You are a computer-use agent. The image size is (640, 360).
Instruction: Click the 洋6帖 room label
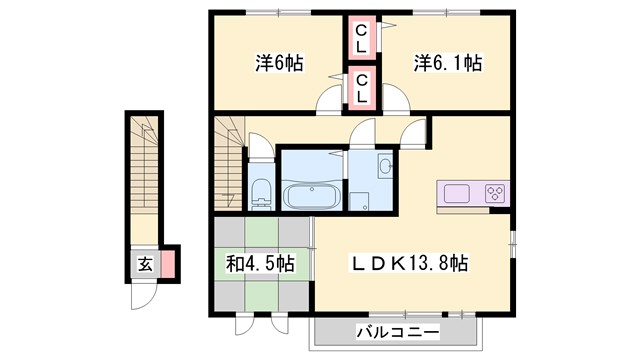coord(278,63)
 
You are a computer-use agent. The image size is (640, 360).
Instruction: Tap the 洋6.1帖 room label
coord(448,63)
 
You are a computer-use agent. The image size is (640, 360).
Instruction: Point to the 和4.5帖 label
coord(259,264)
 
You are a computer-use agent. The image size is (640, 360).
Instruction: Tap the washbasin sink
coord(384,167)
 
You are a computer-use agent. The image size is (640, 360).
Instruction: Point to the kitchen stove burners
coord(494,192)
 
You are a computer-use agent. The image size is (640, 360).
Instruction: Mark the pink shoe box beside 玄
coord(168,264)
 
